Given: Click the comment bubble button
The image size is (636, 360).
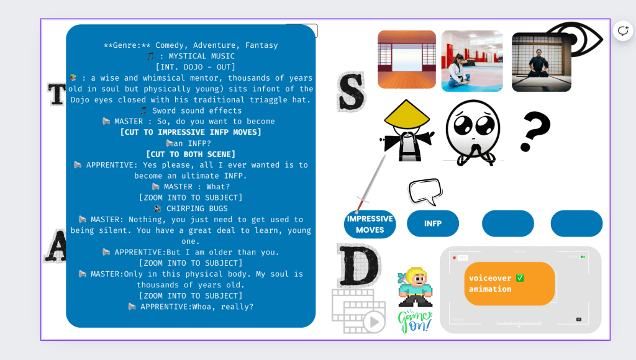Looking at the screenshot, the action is coord(623,31).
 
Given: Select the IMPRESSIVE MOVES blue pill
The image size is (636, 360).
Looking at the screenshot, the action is coord(370,224).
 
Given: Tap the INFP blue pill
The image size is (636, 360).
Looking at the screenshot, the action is coord(433,223).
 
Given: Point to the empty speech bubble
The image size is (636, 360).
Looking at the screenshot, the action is coord(425,192).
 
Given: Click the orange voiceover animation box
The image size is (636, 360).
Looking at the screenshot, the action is coord(509,284).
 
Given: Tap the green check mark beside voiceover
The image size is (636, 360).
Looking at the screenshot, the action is coord(520,277).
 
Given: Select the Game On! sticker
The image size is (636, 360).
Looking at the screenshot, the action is coord(414,322).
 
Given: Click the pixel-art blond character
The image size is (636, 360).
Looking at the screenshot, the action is coord(416,287).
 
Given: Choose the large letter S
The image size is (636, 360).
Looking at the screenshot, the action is coord(352,92).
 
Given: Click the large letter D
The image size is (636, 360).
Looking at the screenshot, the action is coord(358,265).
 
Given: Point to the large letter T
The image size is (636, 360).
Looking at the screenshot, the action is coord(57,94).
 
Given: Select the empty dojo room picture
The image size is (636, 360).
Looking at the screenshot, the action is coord(407,60).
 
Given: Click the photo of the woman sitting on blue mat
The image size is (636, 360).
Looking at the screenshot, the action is coord(472,61).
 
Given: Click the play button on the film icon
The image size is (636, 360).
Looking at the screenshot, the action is coord(374,322).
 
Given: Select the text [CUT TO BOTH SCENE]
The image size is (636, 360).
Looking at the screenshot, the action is coord(191,154).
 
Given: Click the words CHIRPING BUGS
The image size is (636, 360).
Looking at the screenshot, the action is coord(197,209).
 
